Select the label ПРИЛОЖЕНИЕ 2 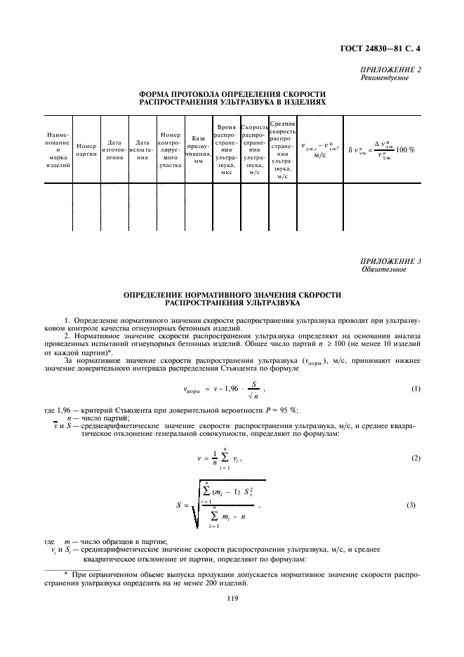coord(390,70)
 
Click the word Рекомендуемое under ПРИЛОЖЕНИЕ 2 coord(385,78)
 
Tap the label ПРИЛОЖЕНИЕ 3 coord(390,261)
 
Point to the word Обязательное coord(383,269)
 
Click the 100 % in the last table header coord(406,150)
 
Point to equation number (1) coord(416,389)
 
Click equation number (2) coord(416,458)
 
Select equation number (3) coord(416,505)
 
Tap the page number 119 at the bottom coord(232,597)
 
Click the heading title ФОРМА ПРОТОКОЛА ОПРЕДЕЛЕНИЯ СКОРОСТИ coord(232,93)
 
